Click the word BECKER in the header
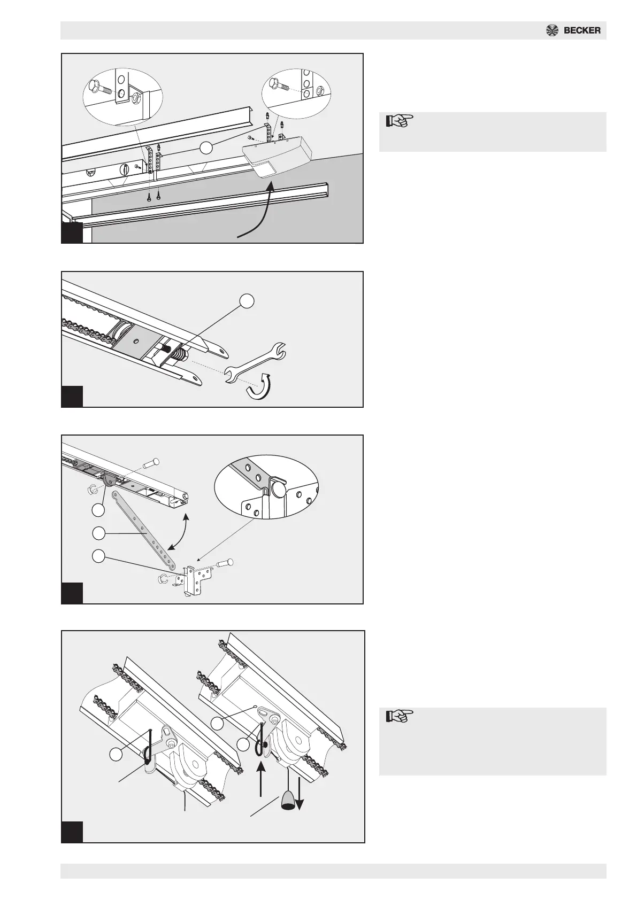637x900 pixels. click(x=582, y=30)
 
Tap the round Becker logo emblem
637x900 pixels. click(x=552, y=30)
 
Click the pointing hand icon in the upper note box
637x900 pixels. click(x=400, y=120)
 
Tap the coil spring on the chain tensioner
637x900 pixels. click(x=180, y=354)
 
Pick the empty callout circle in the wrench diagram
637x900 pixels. click(x=247, y=301)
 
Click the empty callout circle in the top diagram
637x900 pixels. click(x=206, y=148)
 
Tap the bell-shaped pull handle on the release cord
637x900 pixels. click(x=287, y=800)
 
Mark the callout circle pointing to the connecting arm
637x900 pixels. click(x=98, y=533)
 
